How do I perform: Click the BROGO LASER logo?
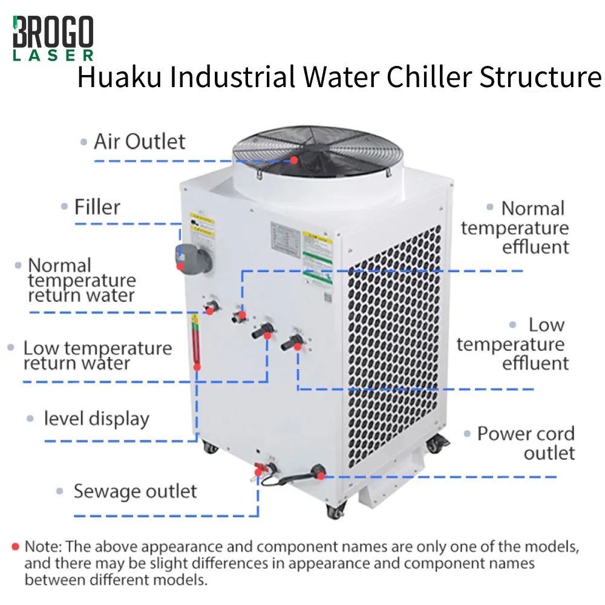coord(53,38)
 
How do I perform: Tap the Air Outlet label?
coord(139,142)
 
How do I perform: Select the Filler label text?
coord(97,207)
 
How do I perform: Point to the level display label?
coord(96,419)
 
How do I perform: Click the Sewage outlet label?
coord(135,491)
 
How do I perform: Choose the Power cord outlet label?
coord(526,443)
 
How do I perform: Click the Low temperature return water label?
coord(97,355)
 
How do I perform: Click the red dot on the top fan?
coord(293,160)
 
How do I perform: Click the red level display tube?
coord(195,345)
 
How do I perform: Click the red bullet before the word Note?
coord(16,546)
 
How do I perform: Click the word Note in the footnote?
coord(42,547)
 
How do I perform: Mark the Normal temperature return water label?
coord(82,280)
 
